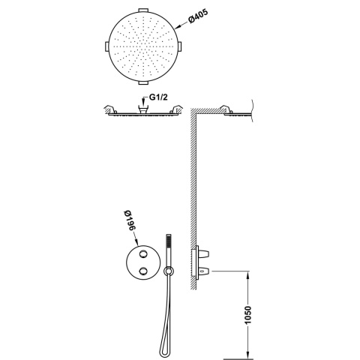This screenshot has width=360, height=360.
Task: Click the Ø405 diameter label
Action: [x=198, y=16]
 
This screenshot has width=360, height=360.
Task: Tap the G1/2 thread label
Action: [x=158, y=97]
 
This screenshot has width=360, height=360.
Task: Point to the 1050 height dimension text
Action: [x=247, y=315]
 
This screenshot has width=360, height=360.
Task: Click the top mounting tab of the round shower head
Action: [x=143, y=10]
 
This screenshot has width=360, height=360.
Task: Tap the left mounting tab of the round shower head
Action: [x=106, y=46]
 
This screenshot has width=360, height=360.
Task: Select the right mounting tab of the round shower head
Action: [x=179, y=46]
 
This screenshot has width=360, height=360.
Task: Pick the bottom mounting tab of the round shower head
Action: [x=143, y=82]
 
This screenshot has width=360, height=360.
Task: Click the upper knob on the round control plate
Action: [x=143, y=254]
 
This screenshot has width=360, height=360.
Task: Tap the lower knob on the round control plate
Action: [x=143, y=271]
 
